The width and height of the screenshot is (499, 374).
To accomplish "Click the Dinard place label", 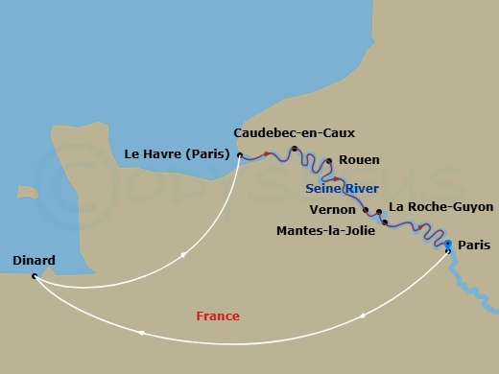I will pos(35,260).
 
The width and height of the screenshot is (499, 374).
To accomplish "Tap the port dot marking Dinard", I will pos(35,276).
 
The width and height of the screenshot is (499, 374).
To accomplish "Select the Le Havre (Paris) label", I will pos(179,153).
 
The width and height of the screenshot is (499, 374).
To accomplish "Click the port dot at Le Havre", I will pos(240,154).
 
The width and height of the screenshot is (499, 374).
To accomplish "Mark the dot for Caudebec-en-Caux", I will pos(294,149).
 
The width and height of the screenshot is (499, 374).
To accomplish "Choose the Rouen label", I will pos(359,160).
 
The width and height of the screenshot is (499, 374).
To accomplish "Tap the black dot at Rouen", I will pos(329,161).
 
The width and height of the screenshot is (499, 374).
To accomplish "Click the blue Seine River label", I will pos(342,188).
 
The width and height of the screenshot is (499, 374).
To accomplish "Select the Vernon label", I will pos(333,209).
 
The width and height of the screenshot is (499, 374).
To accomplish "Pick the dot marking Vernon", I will pos(367,210).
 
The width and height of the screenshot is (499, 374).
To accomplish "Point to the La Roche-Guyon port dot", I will pos(379,212).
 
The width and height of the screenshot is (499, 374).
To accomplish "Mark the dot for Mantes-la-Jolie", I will pos(385,222).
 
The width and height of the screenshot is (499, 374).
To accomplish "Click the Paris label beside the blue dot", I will pos(474,245).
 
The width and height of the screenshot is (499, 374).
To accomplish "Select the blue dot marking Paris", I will pos(448,245).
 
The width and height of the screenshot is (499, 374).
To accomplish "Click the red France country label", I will pos(218,316).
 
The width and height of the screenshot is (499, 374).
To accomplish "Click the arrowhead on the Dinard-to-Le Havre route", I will pos(182,254).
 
